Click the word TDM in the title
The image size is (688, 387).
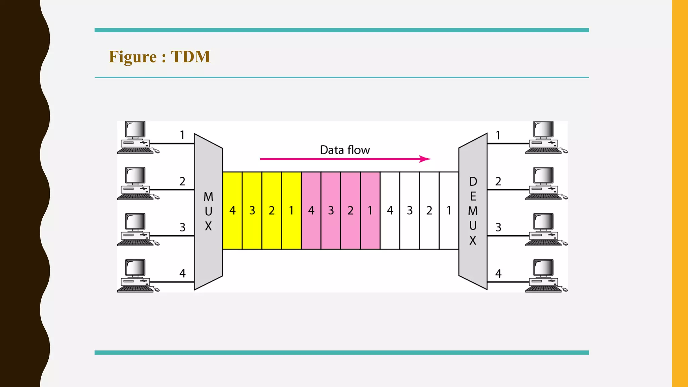pyautogui.click(x=190, y=56)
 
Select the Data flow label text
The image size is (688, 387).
pyautogui.click(x=345, y=150)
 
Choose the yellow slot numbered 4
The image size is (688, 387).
pyautogui.click(x=232, y=211)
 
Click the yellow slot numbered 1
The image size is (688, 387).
pyautogui.click(x=291, y=211)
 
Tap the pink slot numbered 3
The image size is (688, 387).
pyautogui.click(x=331, y=211)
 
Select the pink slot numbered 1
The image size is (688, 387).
pyautogui.click(x=370, y=211)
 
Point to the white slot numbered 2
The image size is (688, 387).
pyautogui.click(x=429, y=211)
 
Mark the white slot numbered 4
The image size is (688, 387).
pyautogui.click(x=390, y=211)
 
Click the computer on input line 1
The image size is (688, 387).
pyautogui.click(x=136, y=137)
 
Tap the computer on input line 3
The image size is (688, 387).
pyautogui.click(x=136, y=230)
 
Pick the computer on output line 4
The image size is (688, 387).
pyautogui.click(x=544, y=276)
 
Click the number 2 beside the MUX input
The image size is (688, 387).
pyautogui.click(x=182, y=181)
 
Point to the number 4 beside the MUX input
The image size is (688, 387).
pyautogui.click(x=182, y=273)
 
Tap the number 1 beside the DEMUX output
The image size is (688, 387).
pyautogui.click(x=498, y=135)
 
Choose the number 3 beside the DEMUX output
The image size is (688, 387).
pyautogui.click(x=498, y=227)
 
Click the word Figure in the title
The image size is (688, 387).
pyautogui.click(x=133, y=56)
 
